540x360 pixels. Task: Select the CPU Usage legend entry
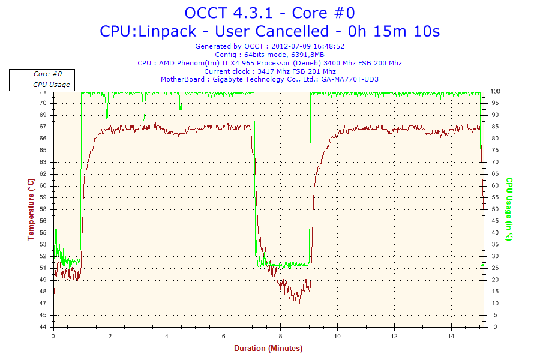click(51, 85)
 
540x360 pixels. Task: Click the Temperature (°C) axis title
click(31, 209)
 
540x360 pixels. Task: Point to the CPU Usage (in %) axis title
click(509, 209)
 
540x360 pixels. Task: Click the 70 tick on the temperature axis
click(43, 103)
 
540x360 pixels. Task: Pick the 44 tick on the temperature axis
click(43, 327)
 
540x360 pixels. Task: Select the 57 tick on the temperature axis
click(43, 221)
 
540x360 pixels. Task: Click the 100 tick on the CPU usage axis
click(496, 91)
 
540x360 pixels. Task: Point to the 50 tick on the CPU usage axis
click(494, 209)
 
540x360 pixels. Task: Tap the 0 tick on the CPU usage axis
click(493, 327)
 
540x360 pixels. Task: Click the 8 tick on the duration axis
click(280, 337)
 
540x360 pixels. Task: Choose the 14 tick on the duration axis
click(451, 337)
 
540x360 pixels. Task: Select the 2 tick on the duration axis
click(110, 337)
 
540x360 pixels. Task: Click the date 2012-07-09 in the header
click(290, 46)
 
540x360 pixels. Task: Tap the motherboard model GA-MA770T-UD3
click(350, 79)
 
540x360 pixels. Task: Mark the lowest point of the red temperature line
click(299, 304)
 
